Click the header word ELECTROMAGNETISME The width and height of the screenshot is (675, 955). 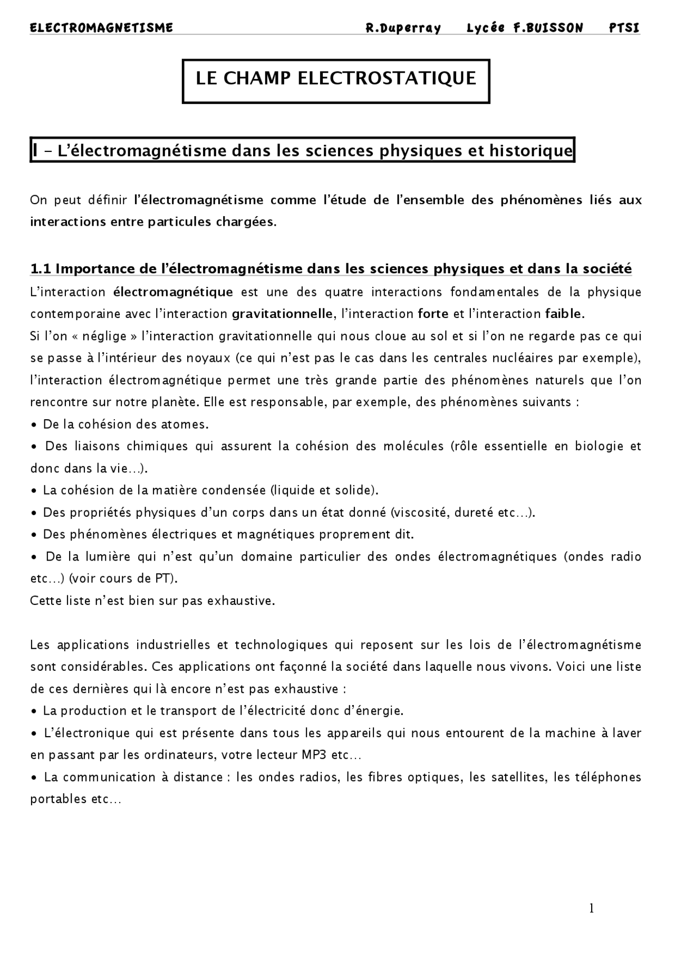[101, 28]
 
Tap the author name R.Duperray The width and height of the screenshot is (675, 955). [403, 28]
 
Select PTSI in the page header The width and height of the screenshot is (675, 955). [624, 28]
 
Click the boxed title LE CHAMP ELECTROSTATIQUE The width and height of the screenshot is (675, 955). [336, 78]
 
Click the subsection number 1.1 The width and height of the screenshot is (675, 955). [41, 269]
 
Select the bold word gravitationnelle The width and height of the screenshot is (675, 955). [282, 314]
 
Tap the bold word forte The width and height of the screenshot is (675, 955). [433, 314]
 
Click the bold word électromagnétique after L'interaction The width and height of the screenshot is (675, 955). [173, 292]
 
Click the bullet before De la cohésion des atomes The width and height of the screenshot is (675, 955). [34, 425]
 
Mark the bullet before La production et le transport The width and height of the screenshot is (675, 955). [34, 711]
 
